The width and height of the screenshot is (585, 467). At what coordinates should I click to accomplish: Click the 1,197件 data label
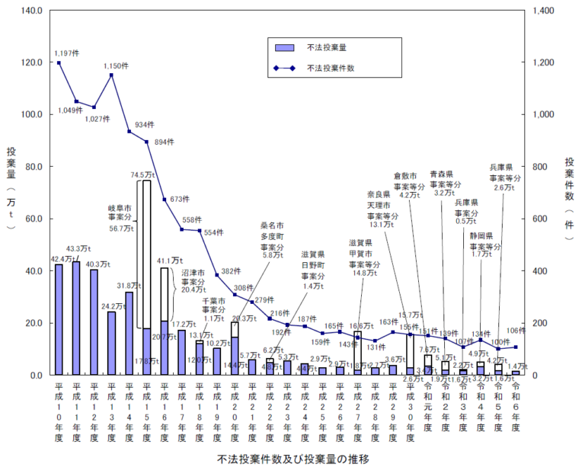click(67, 53)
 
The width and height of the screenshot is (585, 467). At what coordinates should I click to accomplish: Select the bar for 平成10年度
click(59, 320)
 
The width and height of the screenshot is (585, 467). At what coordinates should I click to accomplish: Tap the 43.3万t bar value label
click(78, 249)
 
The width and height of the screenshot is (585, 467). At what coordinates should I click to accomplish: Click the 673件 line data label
click(179, 200)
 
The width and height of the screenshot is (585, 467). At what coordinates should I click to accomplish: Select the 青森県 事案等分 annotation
click(446, 183)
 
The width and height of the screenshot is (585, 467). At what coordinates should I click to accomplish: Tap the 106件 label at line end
click(515, 331)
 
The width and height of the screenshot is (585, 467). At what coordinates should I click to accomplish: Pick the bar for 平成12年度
click(94, 322)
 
